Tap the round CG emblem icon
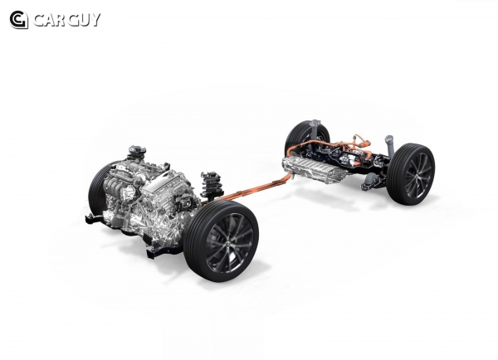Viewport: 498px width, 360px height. click(18, 20)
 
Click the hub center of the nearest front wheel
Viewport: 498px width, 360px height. click(230, 243)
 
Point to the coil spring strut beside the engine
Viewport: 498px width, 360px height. click(211, 185)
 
